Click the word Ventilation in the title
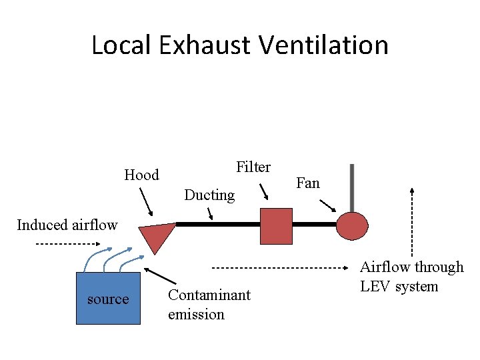point(323,45)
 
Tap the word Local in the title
point(123,45)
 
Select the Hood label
point(141,175)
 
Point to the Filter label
point(253,167)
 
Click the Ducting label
point(209,195)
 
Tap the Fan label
point(308,183)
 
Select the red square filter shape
point(276,226)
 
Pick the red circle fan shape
point(352,225)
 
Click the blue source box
point(108,298)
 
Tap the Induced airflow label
point(67,225)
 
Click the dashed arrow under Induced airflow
point(67,244)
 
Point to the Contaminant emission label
point(209,304)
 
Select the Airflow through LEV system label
point(411,277)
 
